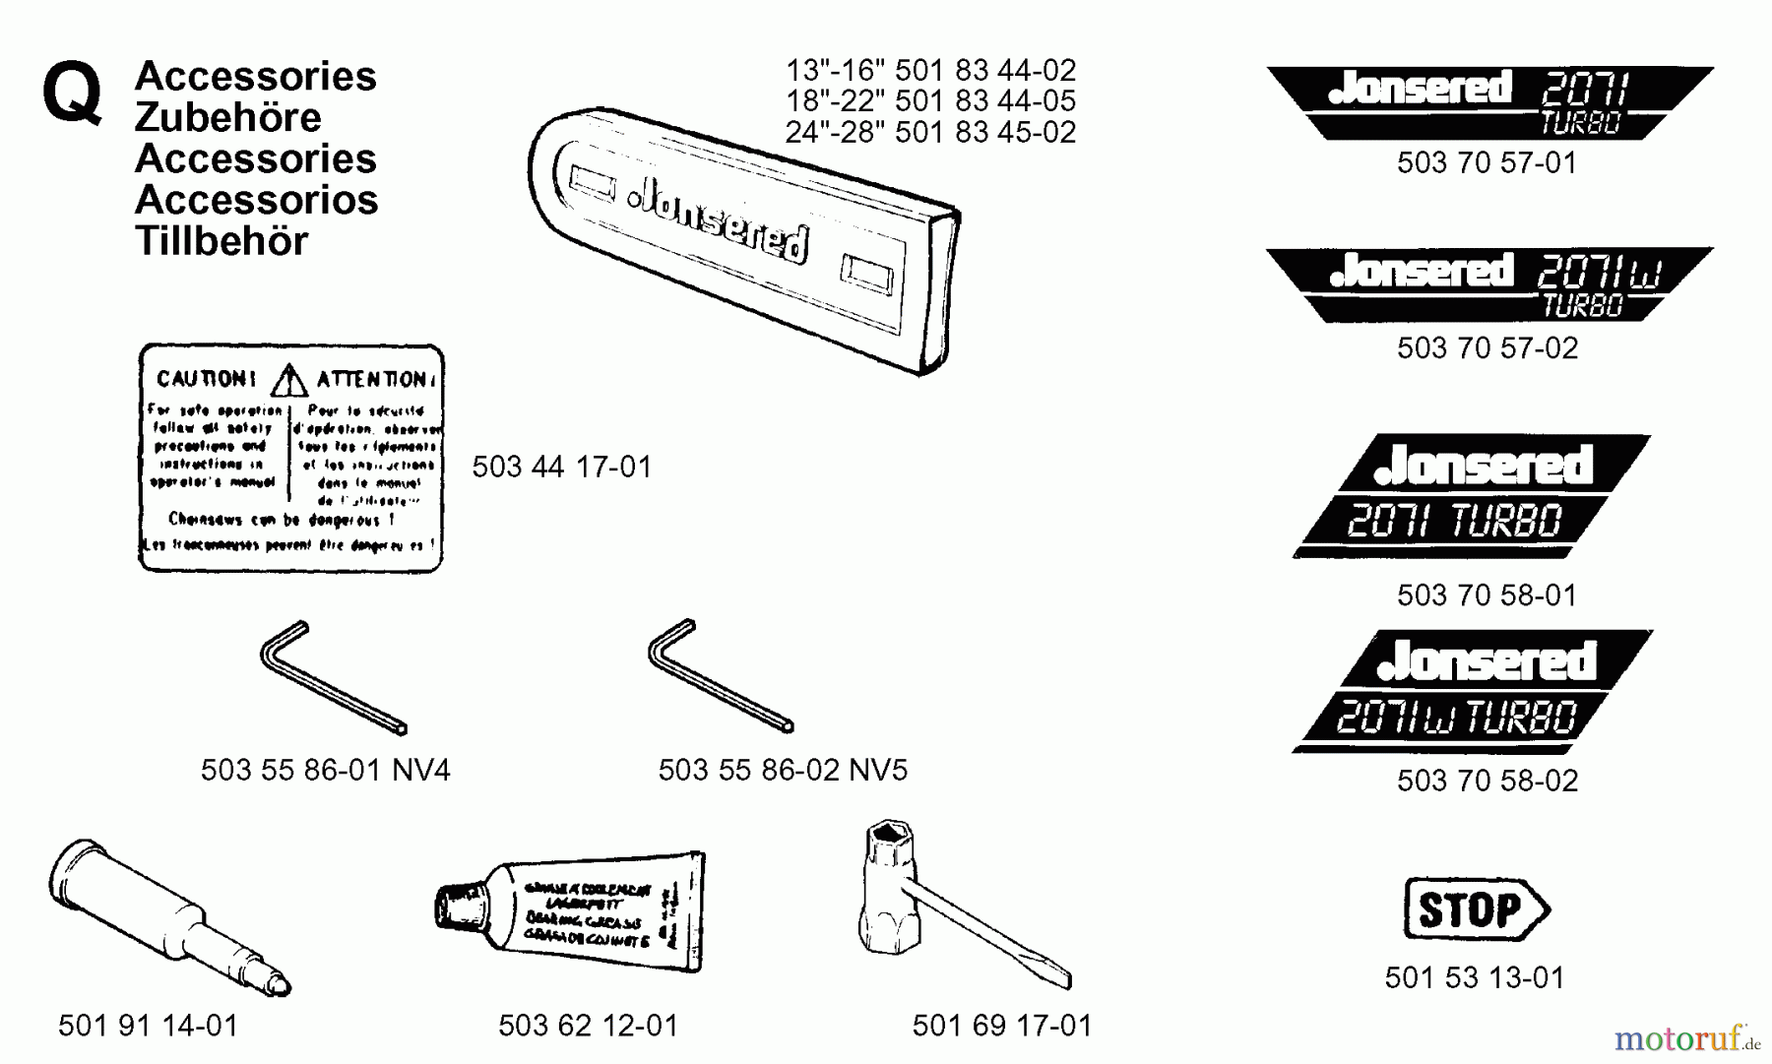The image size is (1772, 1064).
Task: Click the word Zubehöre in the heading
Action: (x=227, y=117)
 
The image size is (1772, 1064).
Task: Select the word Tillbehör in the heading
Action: (x=221, y=241)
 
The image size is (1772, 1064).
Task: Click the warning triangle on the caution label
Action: (x=288, y=380)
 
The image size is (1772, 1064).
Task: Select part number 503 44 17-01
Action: (x=561, y=467)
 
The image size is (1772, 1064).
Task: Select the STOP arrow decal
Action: (x=1474, y=909)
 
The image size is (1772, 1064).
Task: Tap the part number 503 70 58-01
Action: (x=1487, y=595)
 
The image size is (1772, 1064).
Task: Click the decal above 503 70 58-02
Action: (x=1472, y=691)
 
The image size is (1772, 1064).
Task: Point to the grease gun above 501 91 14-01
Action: (x=167, y=915)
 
